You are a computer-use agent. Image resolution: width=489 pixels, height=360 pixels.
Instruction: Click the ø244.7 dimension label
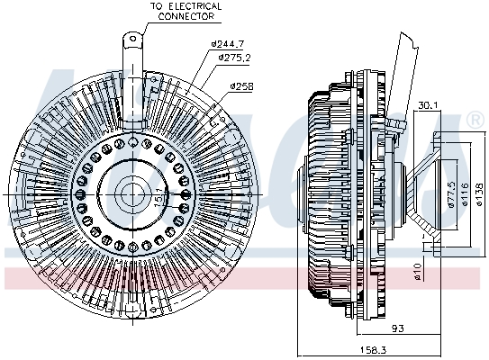(227, 44)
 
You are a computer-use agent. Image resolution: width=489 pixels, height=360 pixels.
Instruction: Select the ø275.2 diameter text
(234, 58)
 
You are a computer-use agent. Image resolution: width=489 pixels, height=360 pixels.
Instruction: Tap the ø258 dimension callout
(242, 86)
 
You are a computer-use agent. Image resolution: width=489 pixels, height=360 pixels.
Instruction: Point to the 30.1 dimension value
(427, 105)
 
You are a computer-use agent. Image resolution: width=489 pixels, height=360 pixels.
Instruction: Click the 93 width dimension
(398, 328)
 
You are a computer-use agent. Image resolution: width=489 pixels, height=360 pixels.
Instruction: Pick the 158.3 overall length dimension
(374, 350)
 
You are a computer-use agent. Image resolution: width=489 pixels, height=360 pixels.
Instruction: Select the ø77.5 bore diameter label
(451, 194)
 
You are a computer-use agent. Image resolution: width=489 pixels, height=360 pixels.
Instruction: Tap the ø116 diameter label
(466, 194)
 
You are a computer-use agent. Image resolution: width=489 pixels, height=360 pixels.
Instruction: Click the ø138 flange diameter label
(481, 194)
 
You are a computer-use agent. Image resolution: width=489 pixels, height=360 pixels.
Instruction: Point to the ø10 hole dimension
(417, 271)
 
